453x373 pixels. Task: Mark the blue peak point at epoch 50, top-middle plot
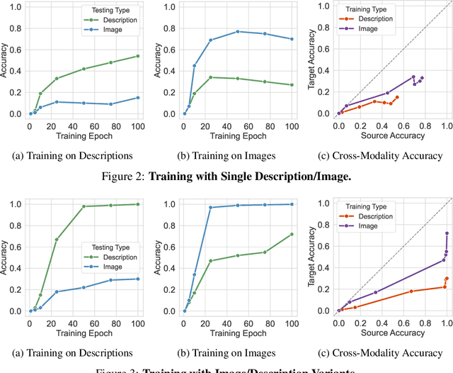coord(238,31)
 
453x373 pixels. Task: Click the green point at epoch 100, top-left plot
coord(137,56)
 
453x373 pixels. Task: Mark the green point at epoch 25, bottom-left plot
coord(57,239)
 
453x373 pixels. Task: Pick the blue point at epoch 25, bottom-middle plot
coord(211,208)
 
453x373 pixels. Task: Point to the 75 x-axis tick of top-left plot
coord(110,126)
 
